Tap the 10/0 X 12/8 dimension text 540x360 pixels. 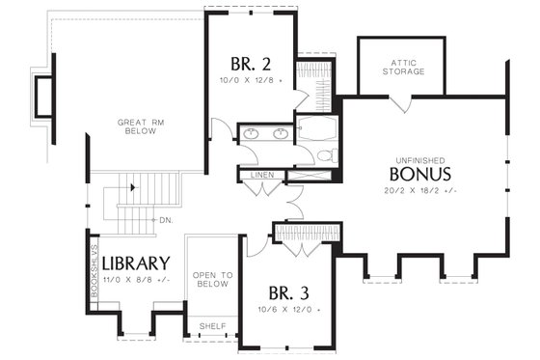point(250,81)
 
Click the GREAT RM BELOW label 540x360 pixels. point(143,127)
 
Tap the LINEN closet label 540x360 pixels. point(260,175)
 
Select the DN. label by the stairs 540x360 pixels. point(165,220)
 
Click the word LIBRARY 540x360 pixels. point(136,263)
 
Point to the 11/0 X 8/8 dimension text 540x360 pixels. point(136,279)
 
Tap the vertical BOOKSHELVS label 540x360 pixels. point(94,275)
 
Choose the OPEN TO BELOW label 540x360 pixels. point(212,280)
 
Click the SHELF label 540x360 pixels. point(211,326)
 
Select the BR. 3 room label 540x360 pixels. point(288,293)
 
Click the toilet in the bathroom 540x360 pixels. point(325,154)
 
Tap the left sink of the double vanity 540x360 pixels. point(250,133)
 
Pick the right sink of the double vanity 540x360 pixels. point(281,133)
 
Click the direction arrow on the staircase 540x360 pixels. point(130,187)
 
